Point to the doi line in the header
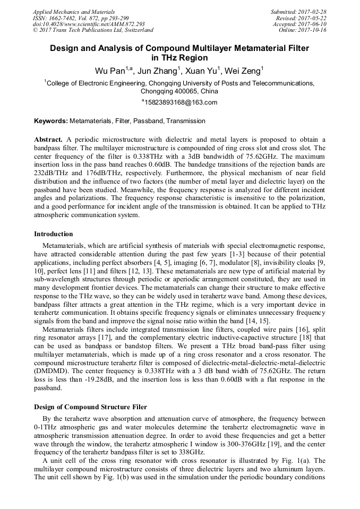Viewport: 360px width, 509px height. coord(89,24)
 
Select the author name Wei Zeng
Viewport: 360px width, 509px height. coord(243,71)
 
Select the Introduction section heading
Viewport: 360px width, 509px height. coord(54,234)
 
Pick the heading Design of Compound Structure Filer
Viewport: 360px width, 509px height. coord(90,407)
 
